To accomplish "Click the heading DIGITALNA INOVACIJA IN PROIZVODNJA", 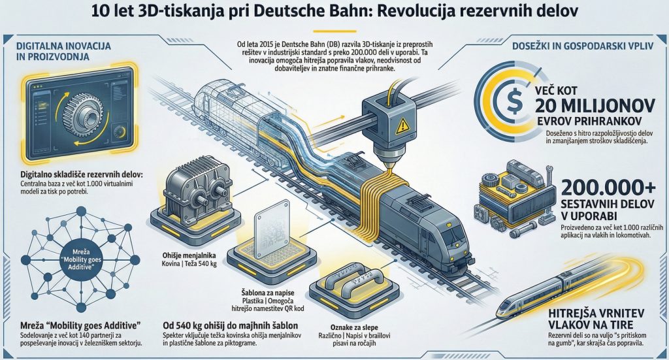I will click(x=63, y=52).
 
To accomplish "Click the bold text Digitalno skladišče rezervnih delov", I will click(x=76, y=175).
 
